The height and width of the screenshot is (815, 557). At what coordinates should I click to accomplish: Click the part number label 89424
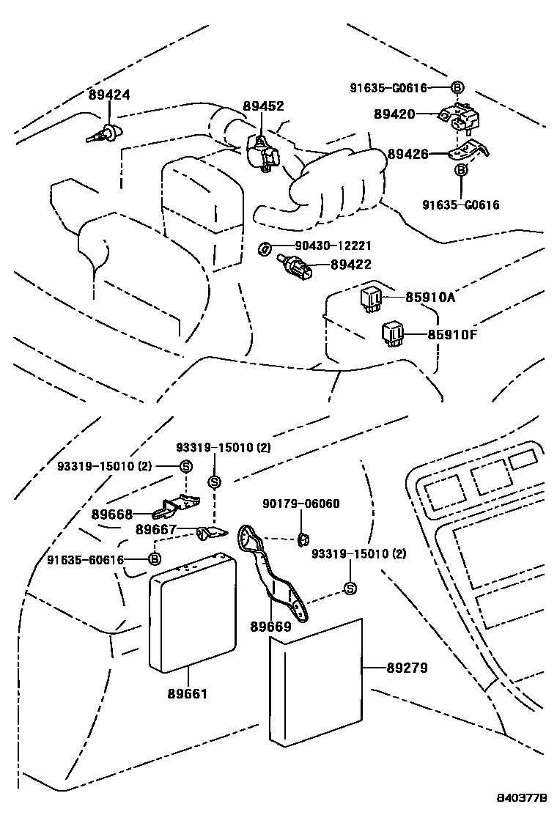point(109,95)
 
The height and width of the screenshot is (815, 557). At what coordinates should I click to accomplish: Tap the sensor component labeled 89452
point(264,152)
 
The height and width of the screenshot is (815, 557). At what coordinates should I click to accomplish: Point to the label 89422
point(350,265)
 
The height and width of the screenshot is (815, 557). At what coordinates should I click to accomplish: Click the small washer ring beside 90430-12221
point(262,249)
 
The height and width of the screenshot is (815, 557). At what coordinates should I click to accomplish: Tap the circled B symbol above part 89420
point(457,88)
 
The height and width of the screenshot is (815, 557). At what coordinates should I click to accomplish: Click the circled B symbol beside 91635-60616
point(155,560)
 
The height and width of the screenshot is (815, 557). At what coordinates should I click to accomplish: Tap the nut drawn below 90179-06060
point(301,540)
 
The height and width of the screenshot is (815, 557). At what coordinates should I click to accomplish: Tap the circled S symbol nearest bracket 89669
point(350,588)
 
